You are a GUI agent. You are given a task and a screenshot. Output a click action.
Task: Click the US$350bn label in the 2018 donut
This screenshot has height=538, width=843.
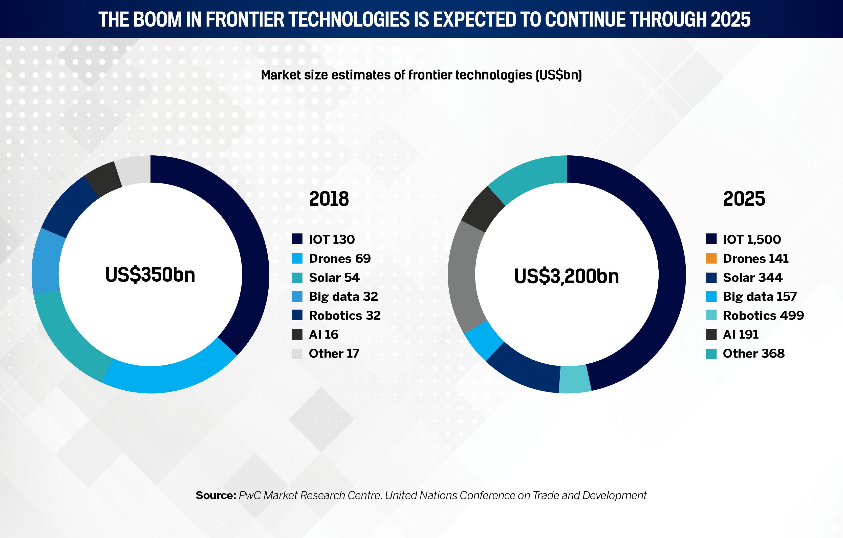(x=150, y=275)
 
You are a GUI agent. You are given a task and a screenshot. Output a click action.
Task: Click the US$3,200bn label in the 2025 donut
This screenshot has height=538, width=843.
(x=567, y=276)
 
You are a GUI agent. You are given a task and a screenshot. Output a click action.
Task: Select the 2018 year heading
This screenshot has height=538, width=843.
(x=329, y=199)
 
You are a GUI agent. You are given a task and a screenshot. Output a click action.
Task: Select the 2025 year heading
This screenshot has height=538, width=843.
(x=744, y=199)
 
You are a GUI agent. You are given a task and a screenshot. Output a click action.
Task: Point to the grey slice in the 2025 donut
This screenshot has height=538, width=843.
(x=463, y=277)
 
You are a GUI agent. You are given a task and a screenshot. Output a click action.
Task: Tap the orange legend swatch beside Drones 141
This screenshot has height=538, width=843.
(x=711, y=258)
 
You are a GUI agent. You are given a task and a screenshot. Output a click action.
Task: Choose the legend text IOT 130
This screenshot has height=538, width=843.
(x=332, y=239)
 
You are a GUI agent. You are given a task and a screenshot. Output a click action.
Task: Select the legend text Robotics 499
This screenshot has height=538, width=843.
(x=763, y=315)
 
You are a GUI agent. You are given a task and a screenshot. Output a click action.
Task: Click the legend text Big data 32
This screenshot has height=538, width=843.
(x=343, y=296)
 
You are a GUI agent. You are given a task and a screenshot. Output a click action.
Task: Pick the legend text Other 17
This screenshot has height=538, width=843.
(x=334, y=354)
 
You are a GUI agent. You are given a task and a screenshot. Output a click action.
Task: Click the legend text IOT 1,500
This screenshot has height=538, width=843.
(x=752, y=239)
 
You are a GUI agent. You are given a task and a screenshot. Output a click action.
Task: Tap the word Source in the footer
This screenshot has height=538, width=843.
(x=216, y=495)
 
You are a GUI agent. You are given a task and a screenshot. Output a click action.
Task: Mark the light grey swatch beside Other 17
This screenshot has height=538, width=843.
(x=297, y=354)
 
